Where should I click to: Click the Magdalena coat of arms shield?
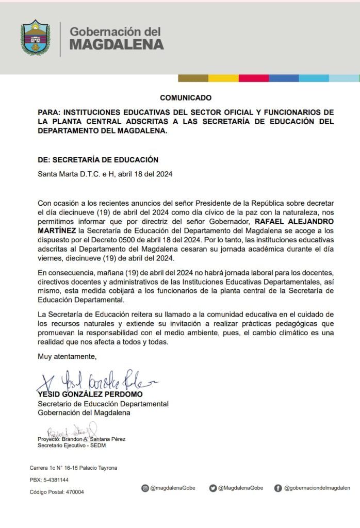click(36, 38)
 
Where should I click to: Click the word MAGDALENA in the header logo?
click(117, 44)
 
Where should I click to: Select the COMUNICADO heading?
click(186, 97)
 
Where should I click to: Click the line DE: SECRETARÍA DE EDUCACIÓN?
click(98, 160)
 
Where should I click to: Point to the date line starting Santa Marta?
click(105, 174)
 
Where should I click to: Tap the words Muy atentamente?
click(67, 356)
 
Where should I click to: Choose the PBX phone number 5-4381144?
click(56, 480)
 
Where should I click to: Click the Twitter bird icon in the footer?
click(212, 488)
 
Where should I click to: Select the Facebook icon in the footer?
click(278, 488)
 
